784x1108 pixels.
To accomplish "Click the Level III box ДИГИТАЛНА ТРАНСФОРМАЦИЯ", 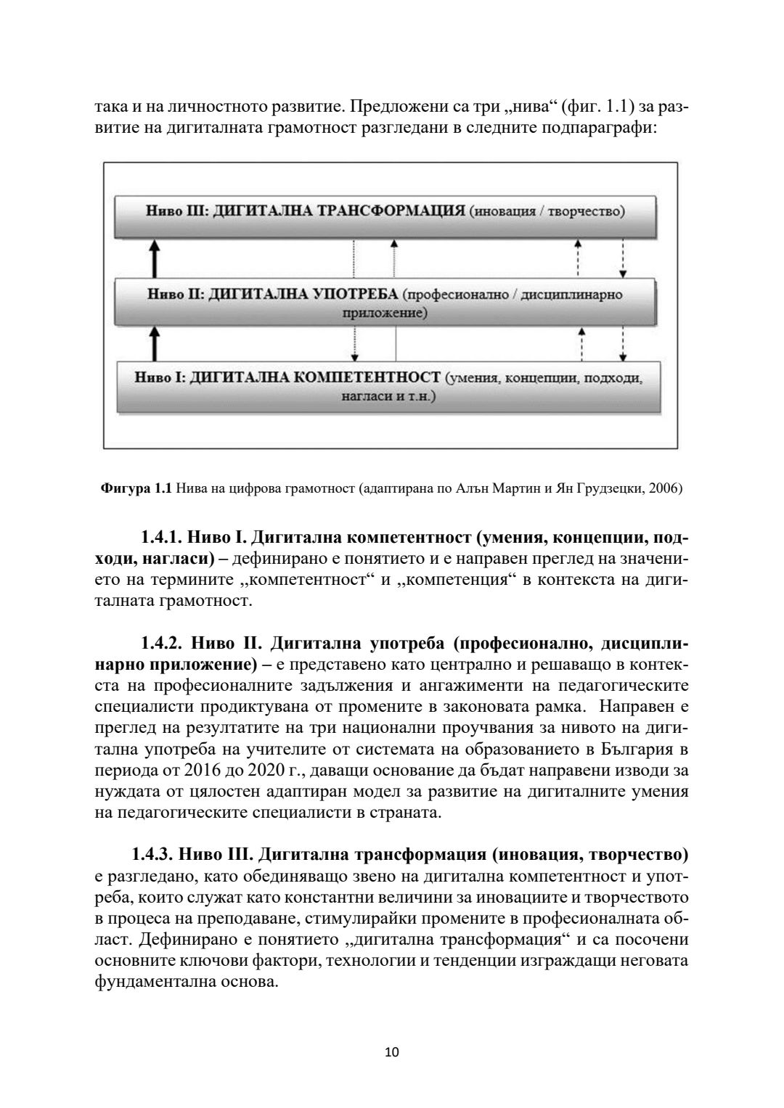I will (x=385, y=216).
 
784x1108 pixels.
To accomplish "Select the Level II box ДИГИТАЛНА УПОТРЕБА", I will (x=385, y=303).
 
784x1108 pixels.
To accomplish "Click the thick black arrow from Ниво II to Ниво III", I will (x=154, y=258).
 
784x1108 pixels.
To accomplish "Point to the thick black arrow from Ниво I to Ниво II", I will (x=154, y=342).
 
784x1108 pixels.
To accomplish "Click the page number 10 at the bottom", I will (x=392, y=1051).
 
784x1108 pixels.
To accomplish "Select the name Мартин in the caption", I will (x=513, y=488).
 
